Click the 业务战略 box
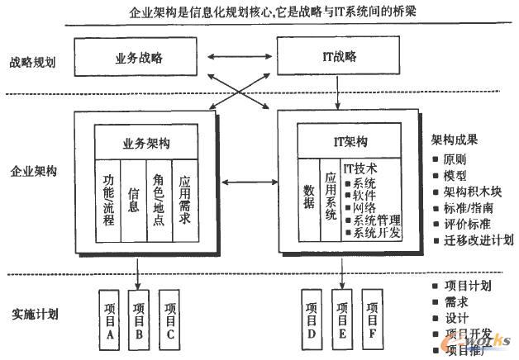pyautogui.click(x=140, y=57)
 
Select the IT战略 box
pyautogui.click(x=337, y=57)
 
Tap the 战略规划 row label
pyautogui.click(x=33, y=63)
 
